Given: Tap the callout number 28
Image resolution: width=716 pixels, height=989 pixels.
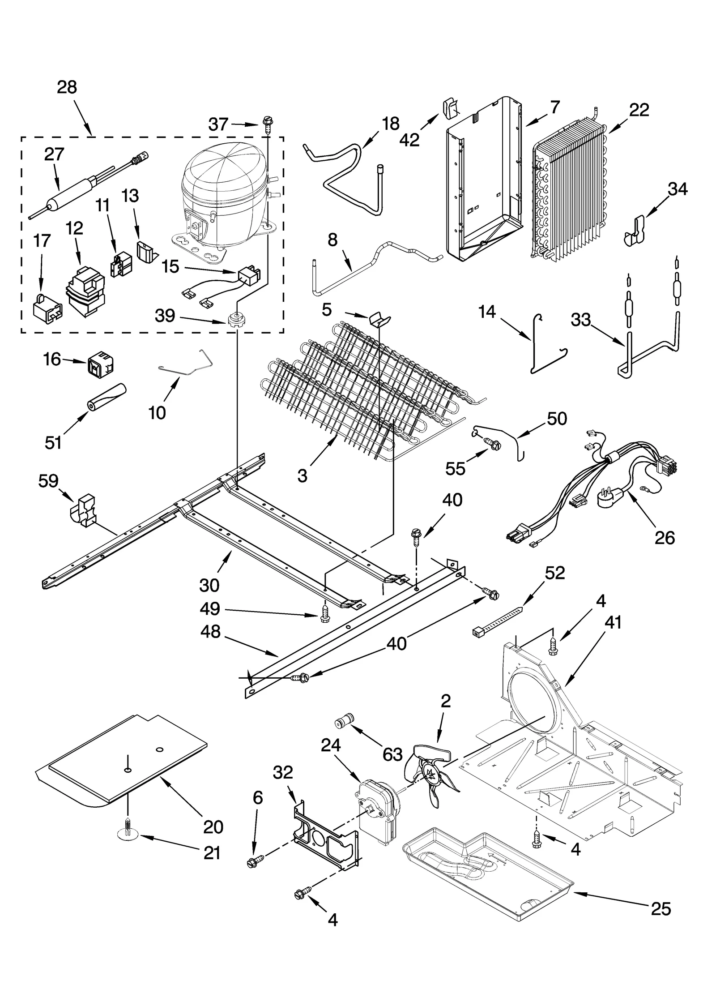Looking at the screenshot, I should click(67, 87).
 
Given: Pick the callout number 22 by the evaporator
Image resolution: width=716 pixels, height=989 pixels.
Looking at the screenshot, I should click(639, 110).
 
